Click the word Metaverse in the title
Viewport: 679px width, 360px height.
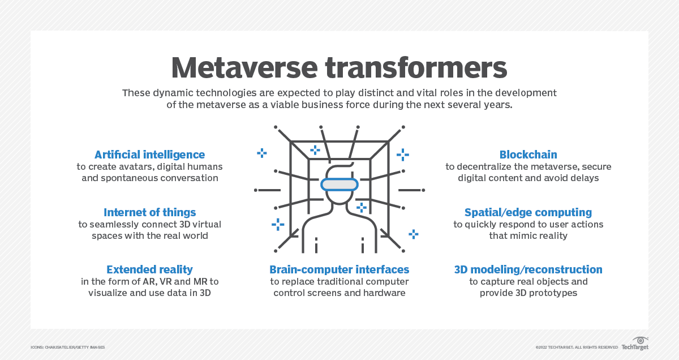click(x=244, y=67)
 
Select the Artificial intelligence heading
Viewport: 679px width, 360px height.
click(x=150, y=155)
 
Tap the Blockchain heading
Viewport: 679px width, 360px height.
click(x=528, y=155)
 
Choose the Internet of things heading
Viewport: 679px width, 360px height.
click(x=150, y=212)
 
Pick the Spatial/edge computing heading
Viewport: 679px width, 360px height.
click(x=528, y=212)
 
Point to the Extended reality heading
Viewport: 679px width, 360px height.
click(x=150, y=269)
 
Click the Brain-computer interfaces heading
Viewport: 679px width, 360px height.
click(x=339, y=269)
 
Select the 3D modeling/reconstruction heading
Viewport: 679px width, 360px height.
click(x=528, y=269)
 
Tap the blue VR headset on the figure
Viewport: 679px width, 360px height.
click(x=339, y=185)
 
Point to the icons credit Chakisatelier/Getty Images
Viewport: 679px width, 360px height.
click(x=67, y=347)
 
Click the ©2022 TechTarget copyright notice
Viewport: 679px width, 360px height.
click(x=577, y=347)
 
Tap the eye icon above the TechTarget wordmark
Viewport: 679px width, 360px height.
click(x=640, y=341)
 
